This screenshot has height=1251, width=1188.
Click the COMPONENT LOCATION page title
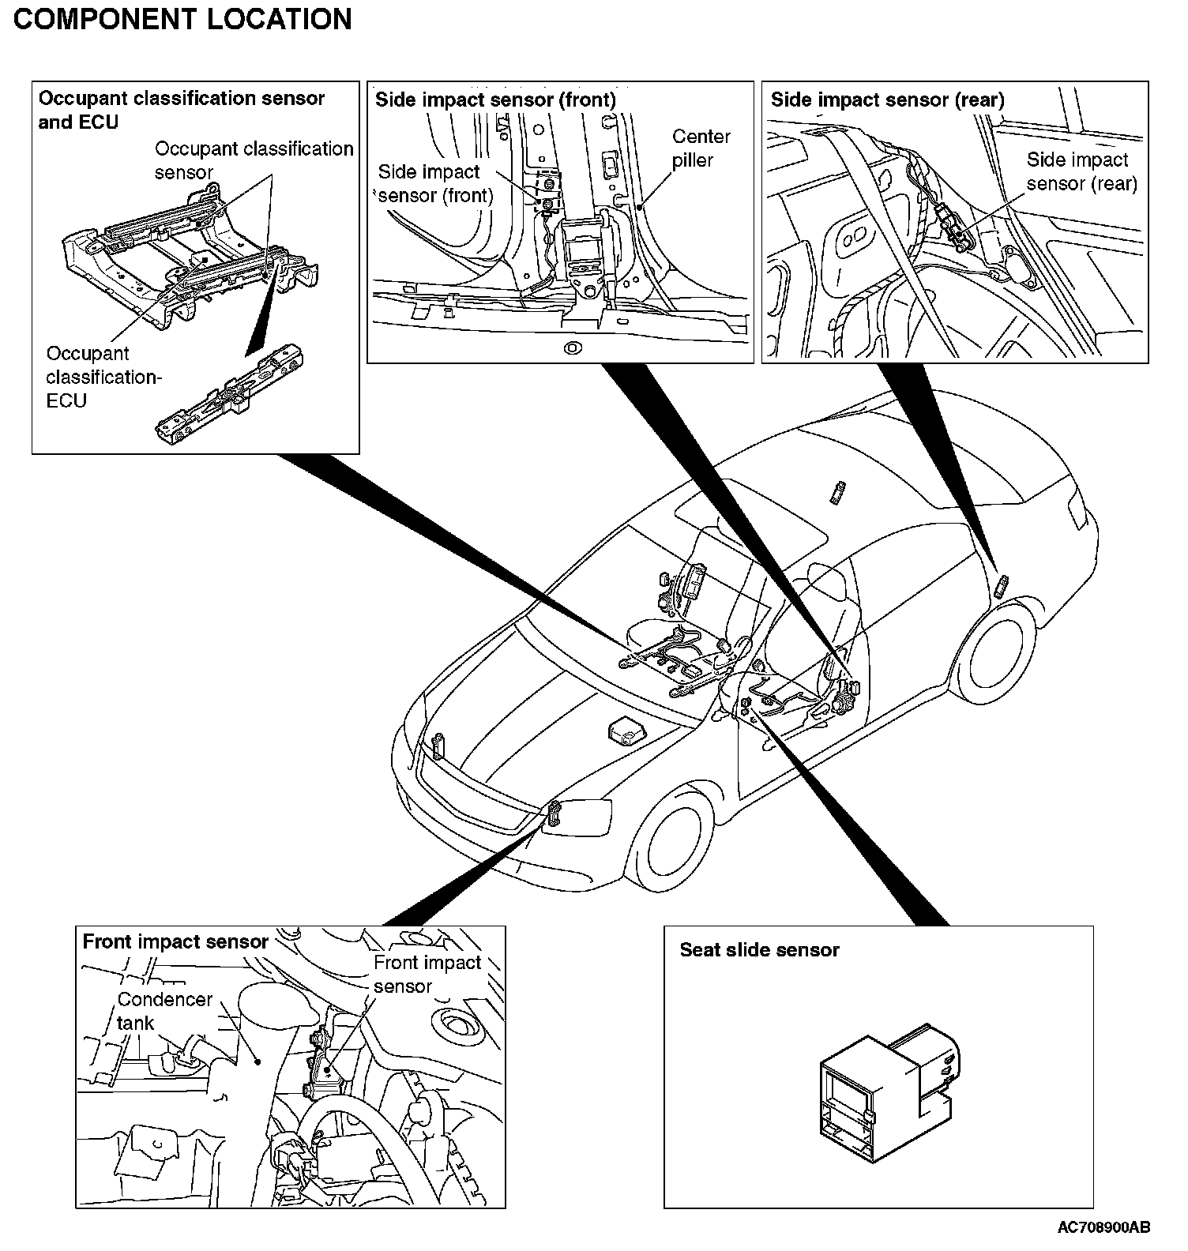click(x=182, y=19)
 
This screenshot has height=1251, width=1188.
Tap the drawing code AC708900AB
click(x=1103, y=1227)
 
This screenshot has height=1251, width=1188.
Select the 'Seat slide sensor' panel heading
click(x=759, y=950)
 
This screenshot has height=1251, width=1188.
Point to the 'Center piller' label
click(x=701, y=148)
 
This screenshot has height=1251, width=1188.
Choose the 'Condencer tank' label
click(x=164, y=1011)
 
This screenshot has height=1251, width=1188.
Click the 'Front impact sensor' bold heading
click(x=175, y=941)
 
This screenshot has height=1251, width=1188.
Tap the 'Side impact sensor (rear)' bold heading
click(x=887, y=100)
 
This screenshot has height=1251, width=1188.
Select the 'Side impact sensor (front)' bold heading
click(x=494, y=100)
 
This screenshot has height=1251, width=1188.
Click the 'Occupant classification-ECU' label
click(x=103, y=377)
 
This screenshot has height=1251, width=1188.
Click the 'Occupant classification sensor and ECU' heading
click(x=181, y=110)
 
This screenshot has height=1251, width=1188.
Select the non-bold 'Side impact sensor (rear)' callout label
click(x=1081, y=171)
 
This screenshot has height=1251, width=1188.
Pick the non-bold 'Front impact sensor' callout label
click(x=427, y=974)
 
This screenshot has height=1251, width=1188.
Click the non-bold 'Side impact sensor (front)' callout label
click(x=435, y=183)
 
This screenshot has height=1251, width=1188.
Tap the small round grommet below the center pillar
click(x=573, y=347)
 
